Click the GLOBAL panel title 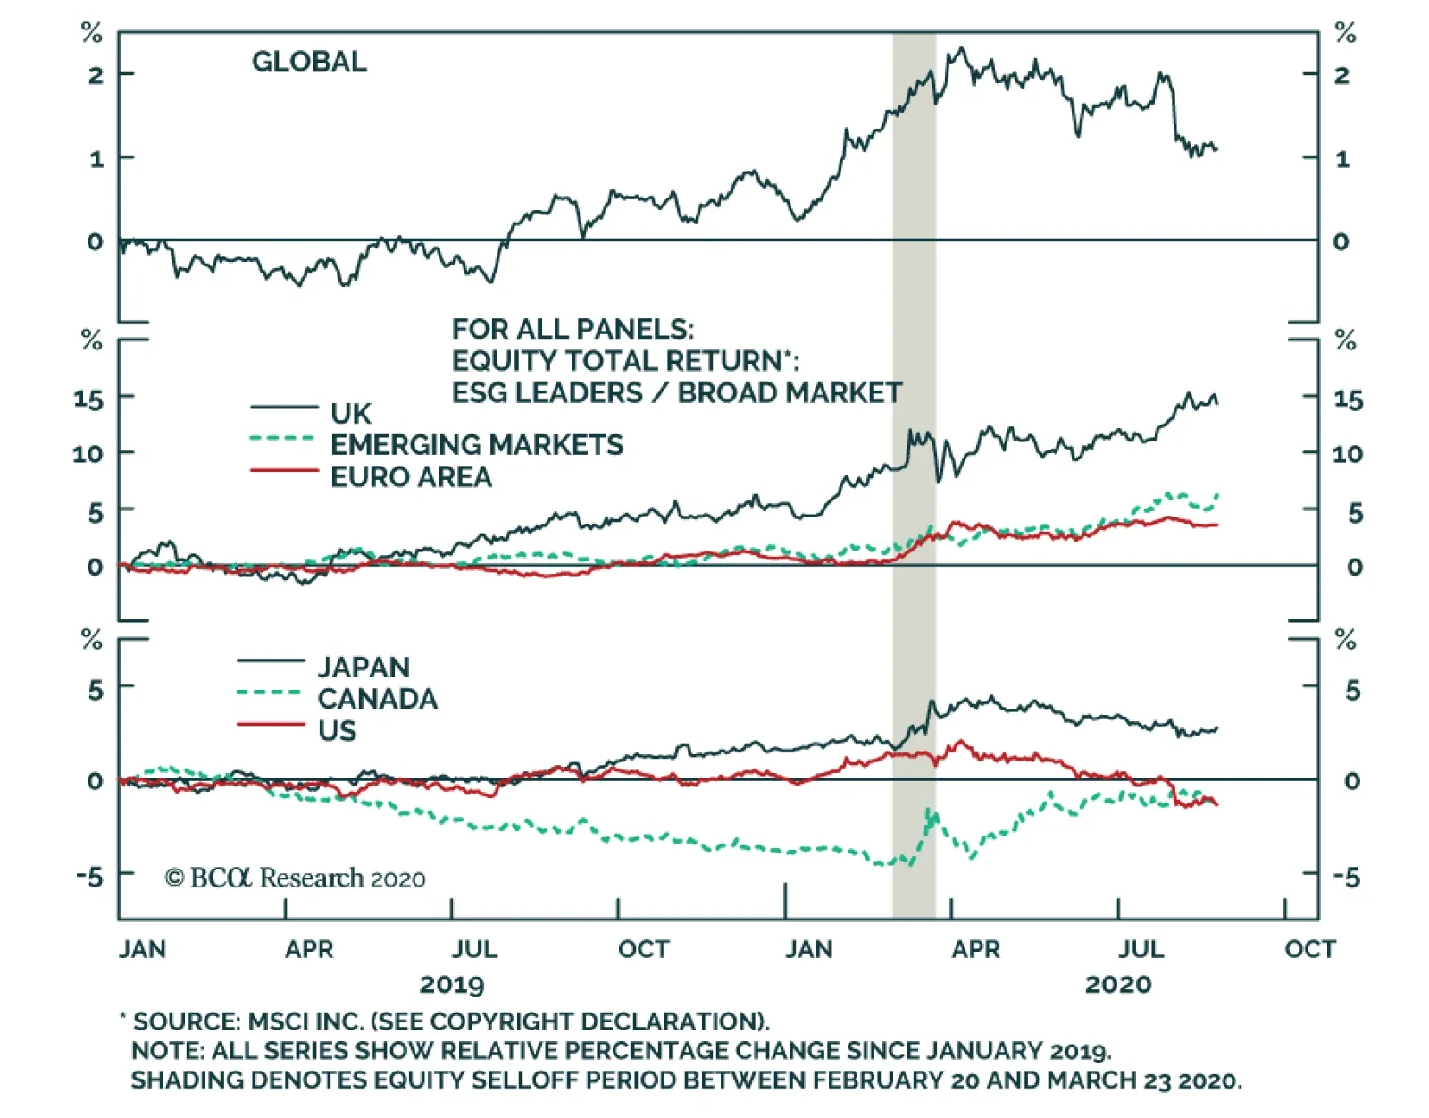click(309, 62)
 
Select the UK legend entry click(350, 414)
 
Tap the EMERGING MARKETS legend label click(476, 445)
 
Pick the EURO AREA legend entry click(411, 477)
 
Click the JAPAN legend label click(364, 668)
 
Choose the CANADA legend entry click(377, 699)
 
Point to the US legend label click(337, 731)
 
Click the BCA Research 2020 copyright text click(295, 878)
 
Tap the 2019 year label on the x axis click(452, 985)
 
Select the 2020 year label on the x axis click(1118, 985)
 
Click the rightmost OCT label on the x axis click(1310, 949)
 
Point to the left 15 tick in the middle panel click(88, 399)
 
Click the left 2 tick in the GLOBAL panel click(96, 75)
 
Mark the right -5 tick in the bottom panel click(1347, 878)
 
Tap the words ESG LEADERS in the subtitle click(547, 393)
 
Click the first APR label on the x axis click(309, 949)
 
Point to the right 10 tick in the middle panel click(1347, 454)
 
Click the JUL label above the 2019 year click(473, 949)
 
